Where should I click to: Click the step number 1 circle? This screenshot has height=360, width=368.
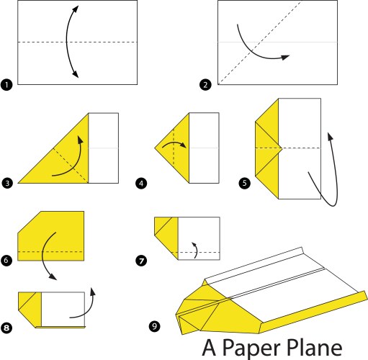point(6,85)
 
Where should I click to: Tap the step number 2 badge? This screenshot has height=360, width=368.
point(205,85)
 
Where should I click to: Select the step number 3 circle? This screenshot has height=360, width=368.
point(7,183)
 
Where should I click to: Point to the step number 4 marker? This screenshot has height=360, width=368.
point(141,184)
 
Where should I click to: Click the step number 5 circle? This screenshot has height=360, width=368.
point(244,183)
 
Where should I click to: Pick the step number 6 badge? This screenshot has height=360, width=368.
point(6,260)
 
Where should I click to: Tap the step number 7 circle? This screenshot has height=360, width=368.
point(141,261)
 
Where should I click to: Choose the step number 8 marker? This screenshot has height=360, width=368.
point(6,328)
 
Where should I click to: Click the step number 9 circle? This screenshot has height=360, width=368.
point(154,326)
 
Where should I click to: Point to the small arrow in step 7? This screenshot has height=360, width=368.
point(197,250)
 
